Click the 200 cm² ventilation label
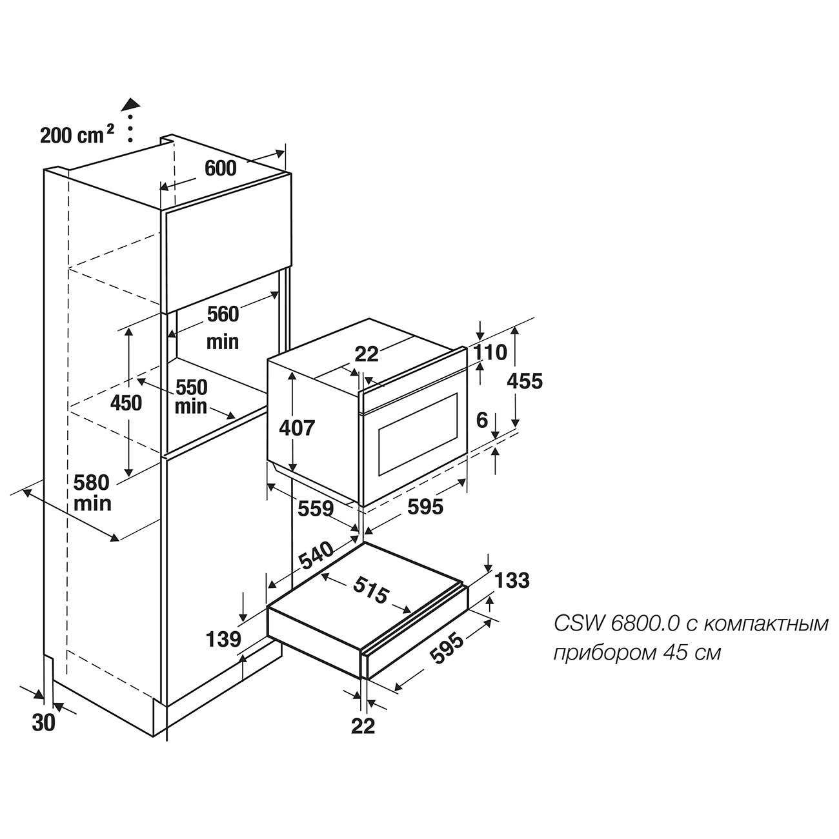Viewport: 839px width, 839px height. tap(77, 134)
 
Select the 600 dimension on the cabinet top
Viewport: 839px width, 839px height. tap(220, 168)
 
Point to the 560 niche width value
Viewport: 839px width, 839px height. tap(223, 314)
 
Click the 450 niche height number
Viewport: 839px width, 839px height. tap(126, 403)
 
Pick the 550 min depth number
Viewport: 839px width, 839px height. tap(192, 387)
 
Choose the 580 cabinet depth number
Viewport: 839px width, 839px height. tap(92, 482)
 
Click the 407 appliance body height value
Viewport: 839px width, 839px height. tap(297, 428)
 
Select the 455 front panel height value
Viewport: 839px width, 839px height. tap(525, 381)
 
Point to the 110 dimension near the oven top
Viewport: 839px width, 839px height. tap(490, 352)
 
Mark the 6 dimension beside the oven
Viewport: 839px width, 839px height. tap(482, 420)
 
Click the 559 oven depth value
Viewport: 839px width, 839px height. tap(316, 508)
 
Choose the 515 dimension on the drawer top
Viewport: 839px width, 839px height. tap(370, 589)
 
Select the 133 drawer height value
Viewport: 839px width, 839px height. tap(512, 580)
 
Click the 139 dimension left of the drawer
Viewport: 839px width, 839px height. tap(223, 639)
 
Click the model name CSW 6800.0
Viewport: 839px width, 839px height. tap(617, 623)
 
